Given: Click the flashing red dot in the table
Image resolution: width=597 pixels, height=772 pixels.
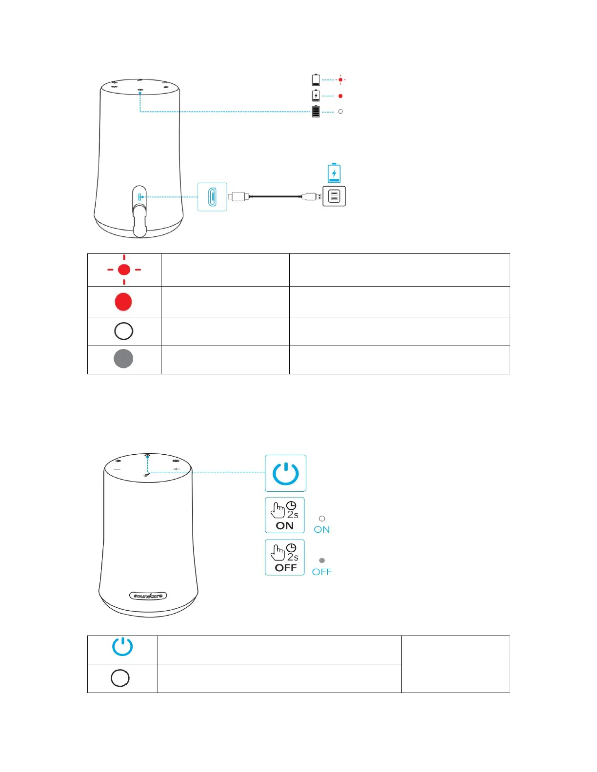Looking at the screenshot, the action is (124, 270).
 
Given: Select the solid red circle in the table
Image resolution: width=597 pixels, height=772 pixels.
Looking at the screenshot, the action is (123, 302).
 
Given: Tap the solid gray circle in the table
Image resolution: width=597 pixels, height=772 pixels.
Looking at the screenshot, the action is (123, 359).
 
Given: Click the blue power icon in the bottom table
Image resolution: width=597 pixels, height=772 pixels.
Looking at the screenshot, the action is (122, 647).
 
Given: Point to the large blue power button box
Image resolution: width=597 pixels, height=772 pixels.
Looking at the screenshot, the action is (285, 473).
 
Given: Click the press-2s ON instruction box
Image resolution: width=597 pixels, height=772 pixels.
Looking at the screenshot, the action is (285, 515).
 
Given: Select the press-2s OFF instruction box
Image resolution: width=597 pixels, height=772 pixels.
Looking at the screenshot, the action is (285, 558).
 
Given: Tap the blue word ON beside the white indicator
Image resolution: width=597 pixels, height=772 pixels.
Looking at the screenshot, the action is (322, 530).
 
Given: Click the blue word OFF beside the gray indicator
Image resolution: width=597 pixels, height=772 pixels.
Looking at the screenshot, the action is (322, 572).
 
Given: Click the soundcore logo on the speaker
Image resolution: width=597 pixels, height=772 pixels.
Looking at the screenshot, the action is (148, 596).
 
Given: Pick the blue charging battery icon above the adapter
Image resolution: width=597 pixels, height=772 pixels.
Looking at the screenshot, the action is (334, 173).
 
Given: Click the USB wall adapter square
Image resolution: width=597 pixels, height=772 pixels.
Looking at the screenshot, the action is (334, 196).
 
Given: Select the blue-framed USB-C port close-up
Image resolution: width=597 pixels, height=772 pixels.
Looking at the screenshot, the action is (212, 197).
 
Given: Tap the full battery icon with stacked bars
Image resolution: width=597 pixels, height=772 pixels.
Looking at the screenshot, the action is (316, 112).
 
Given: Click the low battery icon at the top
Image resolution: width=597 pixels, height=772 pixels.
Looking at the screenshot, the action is (316, 79).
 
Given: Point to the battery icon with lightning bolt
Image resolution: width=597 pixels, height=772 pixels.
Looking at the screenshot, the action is (316, 96).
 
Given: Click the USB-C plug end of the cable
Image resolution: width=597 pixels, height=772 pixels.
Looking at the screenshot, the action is (238, 196).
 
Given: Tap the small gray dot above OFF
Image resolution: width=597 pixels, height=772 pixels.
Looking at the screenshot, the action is (322, 560).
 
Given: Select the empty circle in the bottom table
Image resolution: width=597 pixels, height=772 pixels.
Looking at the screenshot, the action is (120, 678).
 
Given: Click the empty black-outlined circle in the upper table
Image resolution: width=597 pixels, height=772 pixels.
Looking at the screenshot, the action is (123, 331).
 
